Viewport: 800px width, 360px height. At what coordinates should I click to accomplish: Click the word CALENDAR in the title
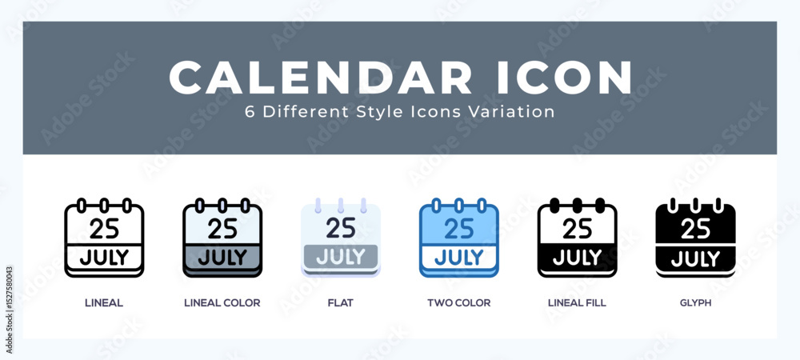320,78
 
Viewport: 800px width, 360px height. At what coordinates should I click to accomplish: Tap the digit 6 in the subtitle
250,112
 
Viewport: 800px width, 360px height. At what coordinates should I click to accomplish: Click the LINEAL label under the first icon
103,303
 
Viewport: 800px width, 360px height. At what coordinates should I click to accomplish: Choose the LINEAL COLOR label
222,303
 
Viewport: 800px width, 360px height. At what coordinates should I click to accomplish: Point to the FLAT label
340,303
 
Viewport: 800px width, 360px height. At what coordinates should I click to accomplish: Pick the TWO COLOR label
459,303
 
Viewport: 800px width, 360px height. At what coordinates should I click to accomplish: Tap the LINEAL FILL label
578,303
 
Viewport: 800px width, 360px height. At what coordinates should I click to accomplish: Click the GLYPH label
695,303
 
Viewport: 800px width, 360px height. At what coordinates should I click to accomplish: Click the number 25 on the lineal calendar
104,229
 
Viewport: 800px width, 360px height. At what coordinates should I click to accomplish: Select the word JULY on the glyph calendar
695,258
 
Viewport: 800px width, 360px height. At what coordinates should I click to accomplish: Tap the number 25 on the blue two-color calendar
459,229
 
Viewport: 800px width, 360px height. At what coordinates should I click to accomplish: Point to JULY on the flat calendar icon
341,257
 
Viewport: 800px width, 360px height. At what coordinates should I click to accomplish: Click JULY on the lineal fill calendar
578,258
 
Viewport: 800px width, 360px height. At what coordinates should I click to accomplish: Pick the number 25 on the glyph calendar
695,229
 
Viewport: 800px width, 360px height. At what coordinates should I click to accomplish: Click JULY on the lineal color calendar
222,258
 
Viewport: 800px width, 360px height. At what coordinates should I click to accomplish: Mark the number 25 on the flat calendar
341,229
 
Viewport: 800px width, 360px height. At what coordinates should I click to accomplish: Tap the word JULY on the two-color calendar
459,258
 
